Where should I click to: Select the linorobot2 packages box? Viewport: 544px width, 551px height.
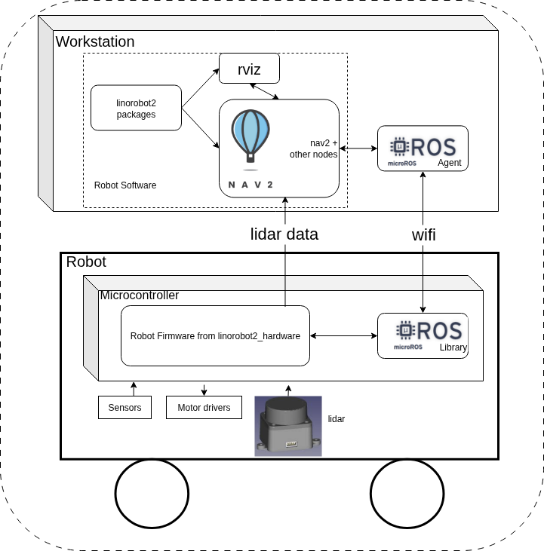(136, 108)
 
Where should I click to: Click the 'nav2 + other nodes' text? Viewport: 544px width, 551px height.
(313, 148)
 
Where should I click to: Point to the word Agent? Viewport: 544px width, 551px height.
(449, 163)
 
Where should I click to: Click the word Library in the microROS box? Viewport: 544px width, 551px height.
(453, 347)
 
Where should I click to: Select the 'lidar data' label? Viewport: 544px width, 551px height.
(284, 234)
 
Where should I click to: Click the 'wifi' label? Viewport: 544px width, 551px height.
(423, 234)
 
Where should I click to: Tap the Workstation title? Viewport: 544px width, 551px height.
(95, 42)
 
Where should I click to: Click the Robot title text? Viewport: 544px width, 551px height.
(86, 262)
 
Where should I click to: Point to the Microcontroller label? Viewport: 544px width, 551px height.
(140, 295)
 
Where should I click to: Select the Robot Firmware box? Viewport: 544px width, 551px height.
(215, 336)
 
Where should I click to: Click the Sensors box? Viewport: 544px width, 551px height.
(124, 408)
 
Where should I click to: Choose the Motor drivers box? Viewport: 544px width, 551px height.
(204, 408)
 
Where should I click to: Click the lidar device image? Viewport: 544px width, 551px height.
(287, 426)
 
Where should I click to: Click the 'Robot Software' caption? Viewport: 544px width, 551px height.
(125, 185)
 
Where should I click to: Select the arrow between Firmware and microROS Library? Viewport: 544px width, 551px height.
(343, 336)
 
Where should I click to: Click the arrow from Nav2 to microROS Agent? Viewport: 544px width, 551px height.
(358, 148)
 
